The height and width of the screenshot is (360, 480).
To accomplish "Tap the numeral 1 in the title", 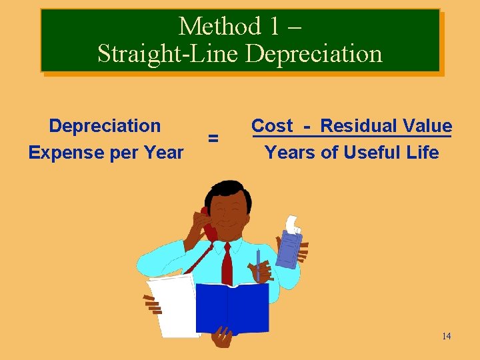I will click(274, 27).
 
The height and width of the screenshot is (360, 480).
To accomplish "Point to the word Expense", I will click(64, 153).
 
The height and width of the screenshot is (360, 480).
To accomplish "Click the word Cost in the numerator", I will click(271, 126).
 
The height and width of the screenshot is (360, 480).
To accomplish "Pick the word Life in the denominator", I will click(422, 153).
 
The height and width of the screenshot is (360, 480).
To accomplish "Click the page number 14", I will click(446, 336).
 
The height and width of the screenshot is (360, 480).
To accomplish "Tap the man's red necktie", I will click(227, 263).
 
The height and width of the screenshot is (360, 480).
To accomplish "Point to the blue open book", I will click(230, 307).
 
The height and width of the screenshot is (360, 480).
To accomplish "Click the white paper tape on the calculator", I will click(292, 223).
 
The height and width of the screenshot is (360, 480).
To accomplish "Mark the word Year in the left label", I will click(163, 153).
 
